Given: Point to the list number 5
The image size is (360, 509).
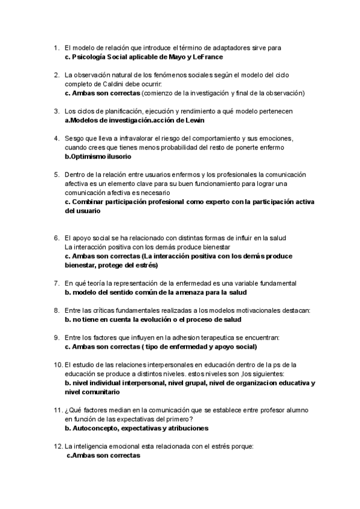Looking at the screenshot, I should tap(56, 174).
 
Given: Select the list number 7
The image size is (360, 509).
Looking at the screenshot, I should tap(56, 283).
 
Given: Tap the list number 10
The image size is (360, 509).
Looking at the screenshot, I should tap(58, 364).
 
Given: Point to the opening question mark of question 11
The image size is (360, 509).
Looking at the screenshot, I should tap(66, 410).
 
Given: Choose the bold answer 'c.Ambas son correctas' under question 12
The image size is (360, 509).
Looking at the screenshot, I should tap(103, 456).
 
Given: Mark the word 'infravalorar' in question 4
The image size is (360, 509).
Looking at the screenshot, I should tap(125, 139).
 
